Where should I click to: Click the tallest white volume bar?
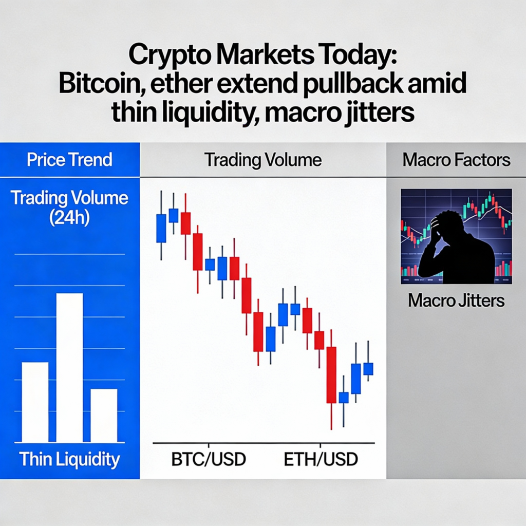pyautogui.click(x=69, y=368)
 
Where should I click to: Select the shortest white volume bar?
pyautogui.click(x=104, y=416)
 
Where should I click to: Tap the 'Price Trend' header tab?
pyautogui.click(x=69, y=160)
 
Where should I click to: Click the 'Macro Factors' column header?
pyautogui.click(x=456, y=160)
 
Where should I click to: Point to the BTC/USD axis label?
pyautogui.click(x=209, y=459)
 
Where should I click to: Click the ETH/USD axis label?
pyautogui.click(x=321, y=459)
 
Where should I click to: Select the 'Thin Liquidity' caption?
pyautogui.click(x=69, y=459)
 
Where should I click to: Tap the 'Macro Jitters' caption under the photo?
pyautogui.click(x=456, y=300)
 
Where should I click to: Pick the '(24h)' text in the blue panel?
pyautogui.click(x=69, y=218)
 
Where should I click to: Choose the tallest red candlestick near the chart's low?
pyautogui.click(x=331, y=375)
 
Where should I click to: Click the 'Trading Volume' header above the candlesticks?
pyautogui.click(x=263, y=160)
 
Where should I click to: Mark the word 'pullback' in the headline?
pyautogui.click(x=352, y=83)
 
